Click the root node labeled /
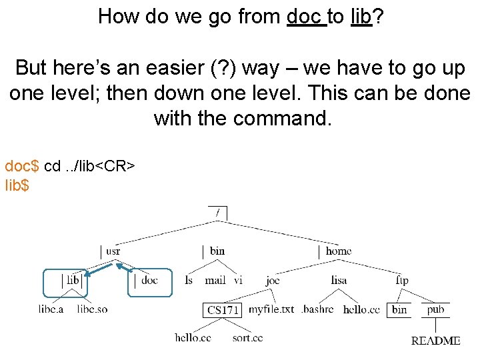pos(217,213)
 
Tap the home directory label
pos(338,251)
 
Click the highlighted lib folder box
pos(66,282)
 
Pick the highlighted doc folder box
pos(149,282)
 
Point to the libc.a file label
pos(51,309)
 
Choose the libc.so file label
pos(92,309)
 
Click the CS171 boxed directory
pos(223,310)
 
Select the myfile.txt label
pos(271,309)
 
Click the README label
pos(435,341)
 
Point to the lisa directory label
pos(339,281)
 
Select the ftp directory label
pos(401,281)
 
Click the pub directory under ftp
pos(436,309)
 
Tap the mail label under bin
pos(215,281)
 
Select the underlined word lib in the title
pos(361,16)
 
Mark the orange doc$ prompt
pos(22,165)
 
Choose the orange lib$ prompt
pos(17,185)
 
